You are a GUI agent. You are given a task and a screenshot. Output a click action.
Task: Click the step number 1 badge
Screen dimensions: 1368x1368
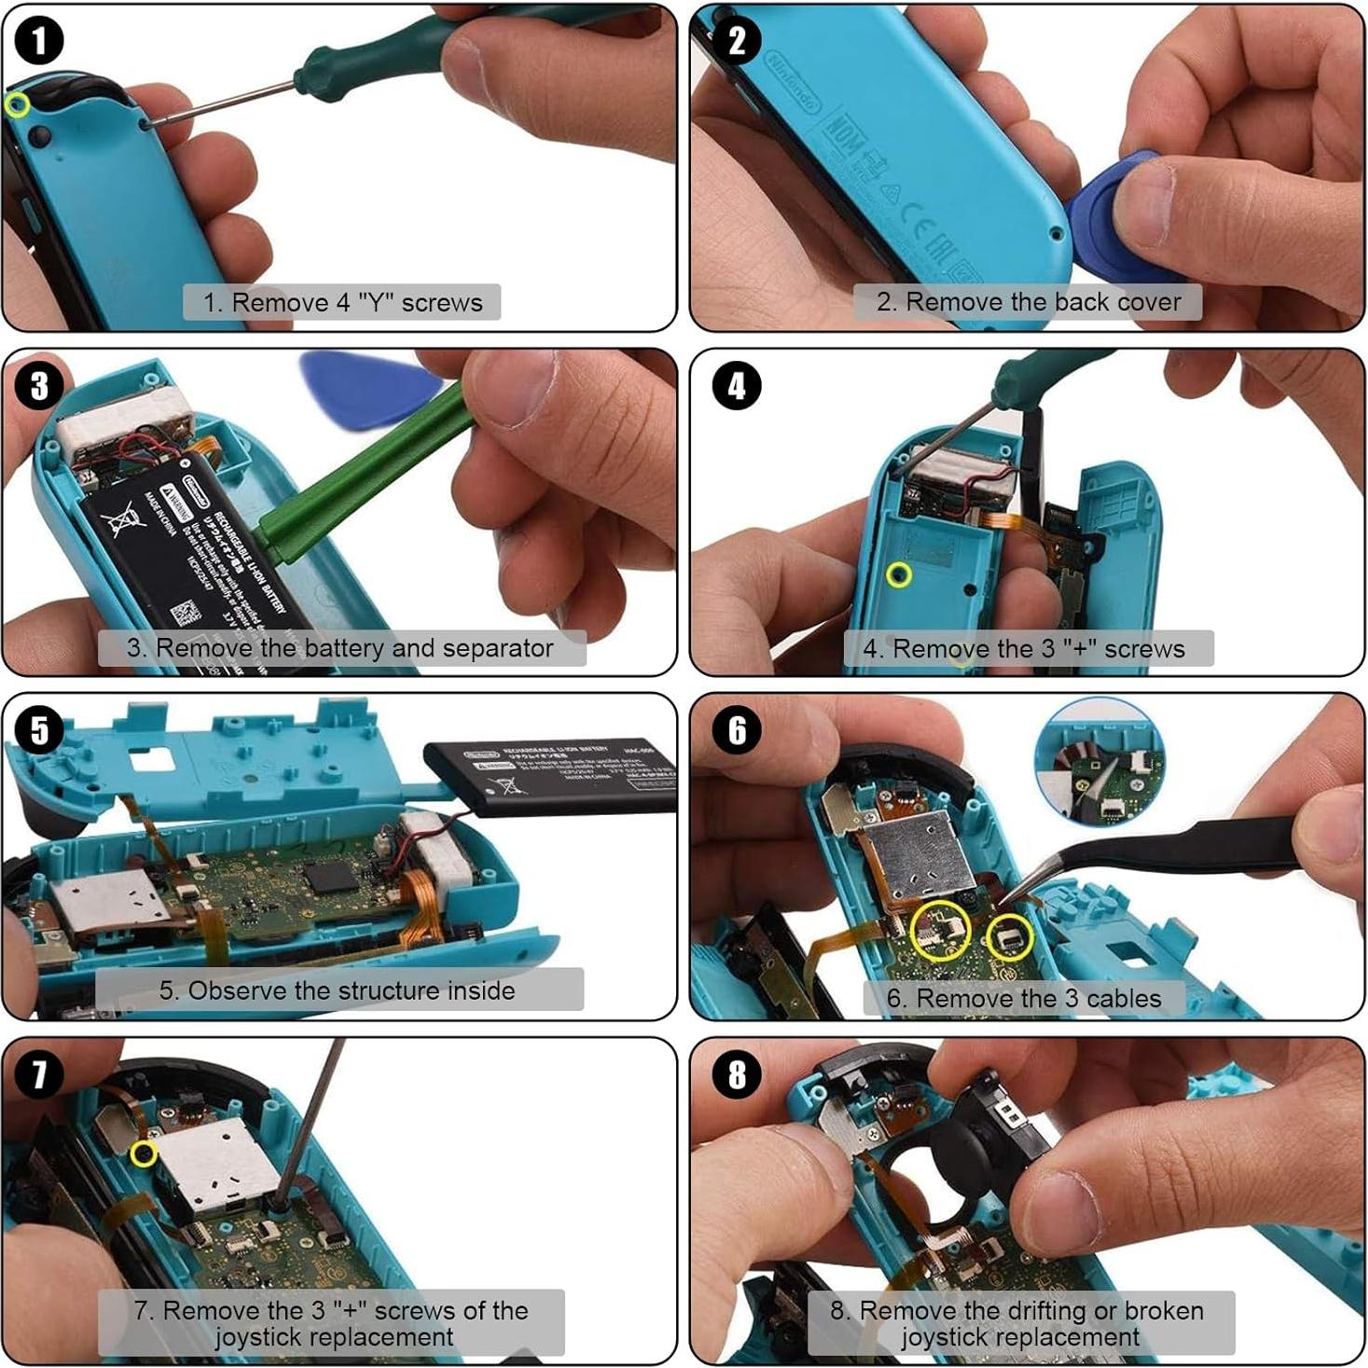[x=39, y=42]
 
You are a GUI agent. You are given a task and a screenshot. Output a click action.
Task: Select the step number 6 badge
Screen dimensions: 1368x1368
[x=737, y=730]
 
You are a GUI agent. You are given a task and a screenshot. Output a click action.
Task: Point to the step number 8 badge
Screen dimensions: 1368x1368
[x=737, y=1074]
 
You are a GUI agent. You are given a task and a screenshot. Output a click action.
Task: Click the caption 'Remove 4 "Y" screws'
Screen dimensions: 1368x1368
[x=342, y=302]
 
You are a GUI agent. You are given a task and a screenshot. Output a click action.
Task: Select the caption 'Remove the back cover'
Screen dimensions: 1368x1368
[x=1028, y=302]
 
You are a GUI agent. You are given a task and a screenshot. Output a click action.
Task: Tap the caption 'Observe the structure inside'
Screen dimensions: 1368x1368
[x=338, y=989]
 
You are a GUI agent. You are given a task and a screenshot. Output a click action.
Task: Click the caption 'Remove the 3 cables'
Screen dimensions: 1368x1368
[x=1024, y=998]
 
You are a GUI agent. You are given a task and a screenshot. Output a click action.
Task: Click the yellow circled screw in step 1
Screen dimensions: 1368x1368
[x=16, y=104]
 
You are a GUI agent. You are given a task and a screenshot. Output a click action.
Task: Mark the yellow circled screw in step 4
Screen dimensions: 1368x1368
[x=899, y=574]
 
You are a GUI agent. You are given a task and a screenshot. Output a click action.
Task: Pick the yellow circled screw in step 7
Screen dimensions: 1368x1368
[x=144, y=1154]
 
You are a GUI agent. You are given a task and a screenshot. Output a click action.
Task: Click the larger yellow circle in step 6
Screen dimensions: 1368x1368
[x=940, y=930]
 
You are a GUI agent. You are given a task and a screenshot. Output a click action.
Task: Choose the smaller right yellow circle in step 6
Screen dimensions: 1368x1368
[x=1009, y=936]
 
